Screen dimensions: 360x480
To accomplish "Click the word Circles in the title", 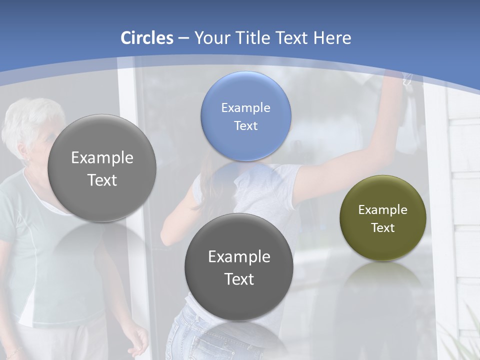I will [147, 38].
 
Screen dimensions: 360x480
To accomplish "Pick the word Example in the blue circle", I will [245, 107].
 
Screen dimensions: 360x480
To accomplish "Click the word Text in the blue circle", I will [245, 125].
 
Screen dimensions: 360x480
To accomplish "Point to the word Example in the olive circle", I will [382, 209].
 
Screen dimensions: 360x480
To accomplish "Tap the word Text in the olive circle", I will [382, 227].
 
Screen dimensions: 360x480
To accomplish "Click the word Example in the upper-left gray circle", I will [102, 157].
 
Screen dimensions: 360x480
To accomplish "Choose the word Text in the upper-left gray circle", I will [102, 180].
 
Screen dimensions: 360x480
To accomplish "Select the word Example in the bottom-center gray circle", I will [239, 256].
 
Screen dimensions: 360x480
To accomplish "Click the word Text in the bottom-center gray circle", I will [239, 279].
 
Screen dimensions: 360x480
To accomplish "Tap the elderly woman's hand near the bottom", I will [136, 340].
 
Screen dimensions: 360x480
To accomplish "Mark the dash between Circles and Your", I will [183, 38].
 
